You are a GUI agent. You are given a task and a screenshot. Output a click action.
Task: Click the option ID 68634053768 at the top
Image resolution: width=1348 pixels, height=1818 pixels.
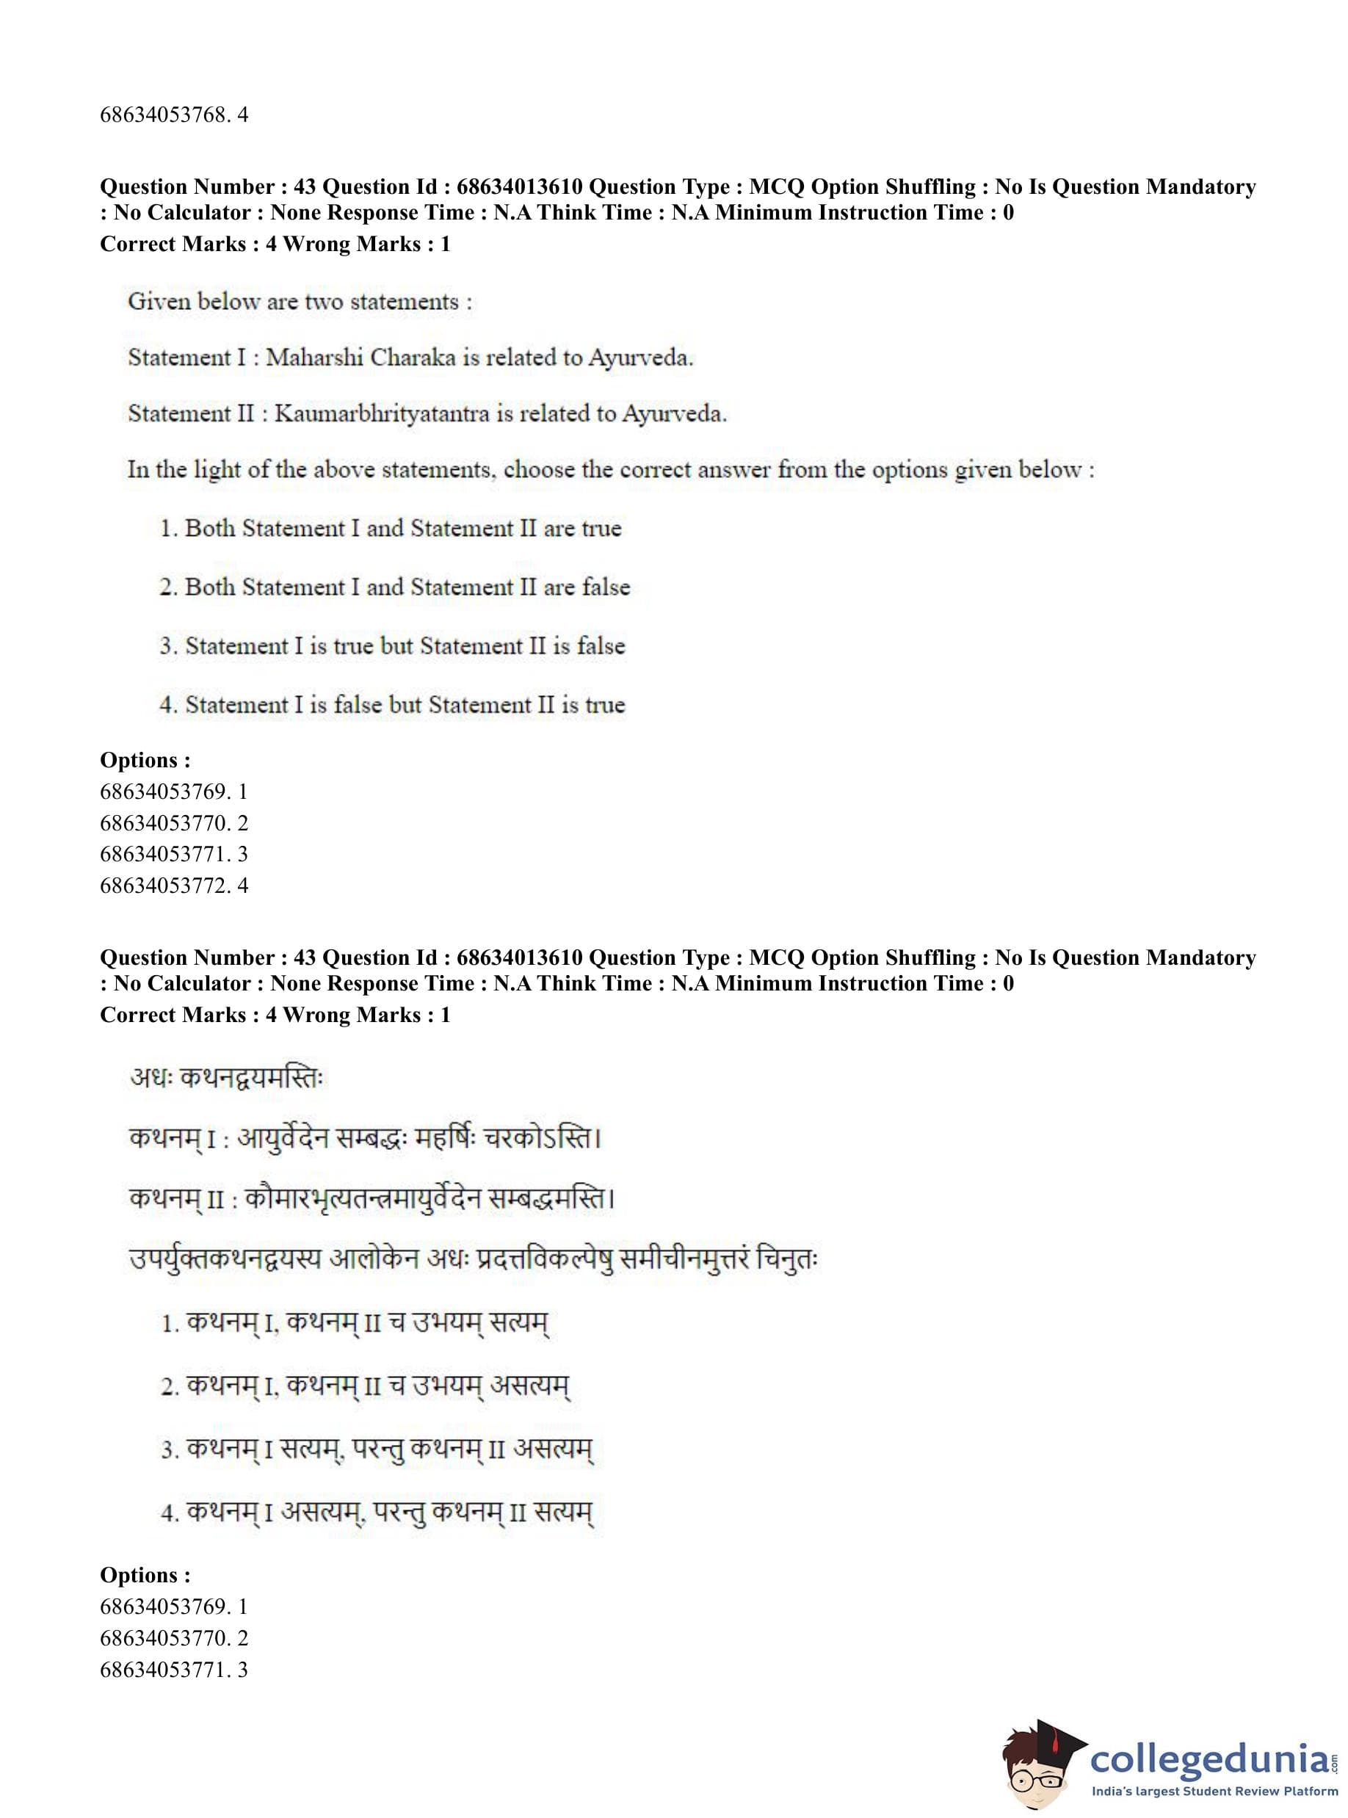(162, 115)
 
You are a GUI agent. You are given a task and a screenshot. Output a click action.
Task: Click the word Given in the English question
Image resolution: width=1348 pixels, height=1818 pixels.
(159, 302)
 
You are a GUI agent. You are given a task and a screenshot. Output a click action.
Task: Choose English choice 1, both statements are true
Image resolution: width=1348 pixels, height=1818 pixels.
(390, 529)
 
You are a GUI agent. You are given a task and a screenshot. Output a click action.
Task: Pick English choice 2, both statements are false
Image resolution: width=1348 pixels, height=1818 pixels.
(394, 587)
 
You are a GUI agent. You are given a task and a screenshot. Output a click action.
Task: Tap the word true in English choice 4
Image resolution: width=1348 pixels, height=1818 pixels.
(605, 705)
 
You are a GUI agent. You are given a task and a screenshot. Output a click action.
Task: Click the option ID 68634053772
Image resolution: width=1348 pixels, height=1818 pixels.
(162, 886)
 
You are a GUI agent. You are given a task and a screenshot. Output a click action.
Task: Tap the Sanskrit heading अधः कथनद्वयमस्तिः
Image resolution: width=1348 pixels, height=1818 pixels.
(227, 1078)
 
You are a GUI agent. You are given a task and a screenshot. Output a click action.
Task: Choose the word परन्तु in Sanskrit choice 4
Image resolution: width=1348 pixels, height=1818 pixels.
(399, 1513)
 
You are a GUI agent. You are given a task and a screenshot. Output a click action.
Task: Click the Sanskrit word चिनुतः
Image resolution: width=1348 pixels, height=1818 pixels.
(786, 1259)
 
